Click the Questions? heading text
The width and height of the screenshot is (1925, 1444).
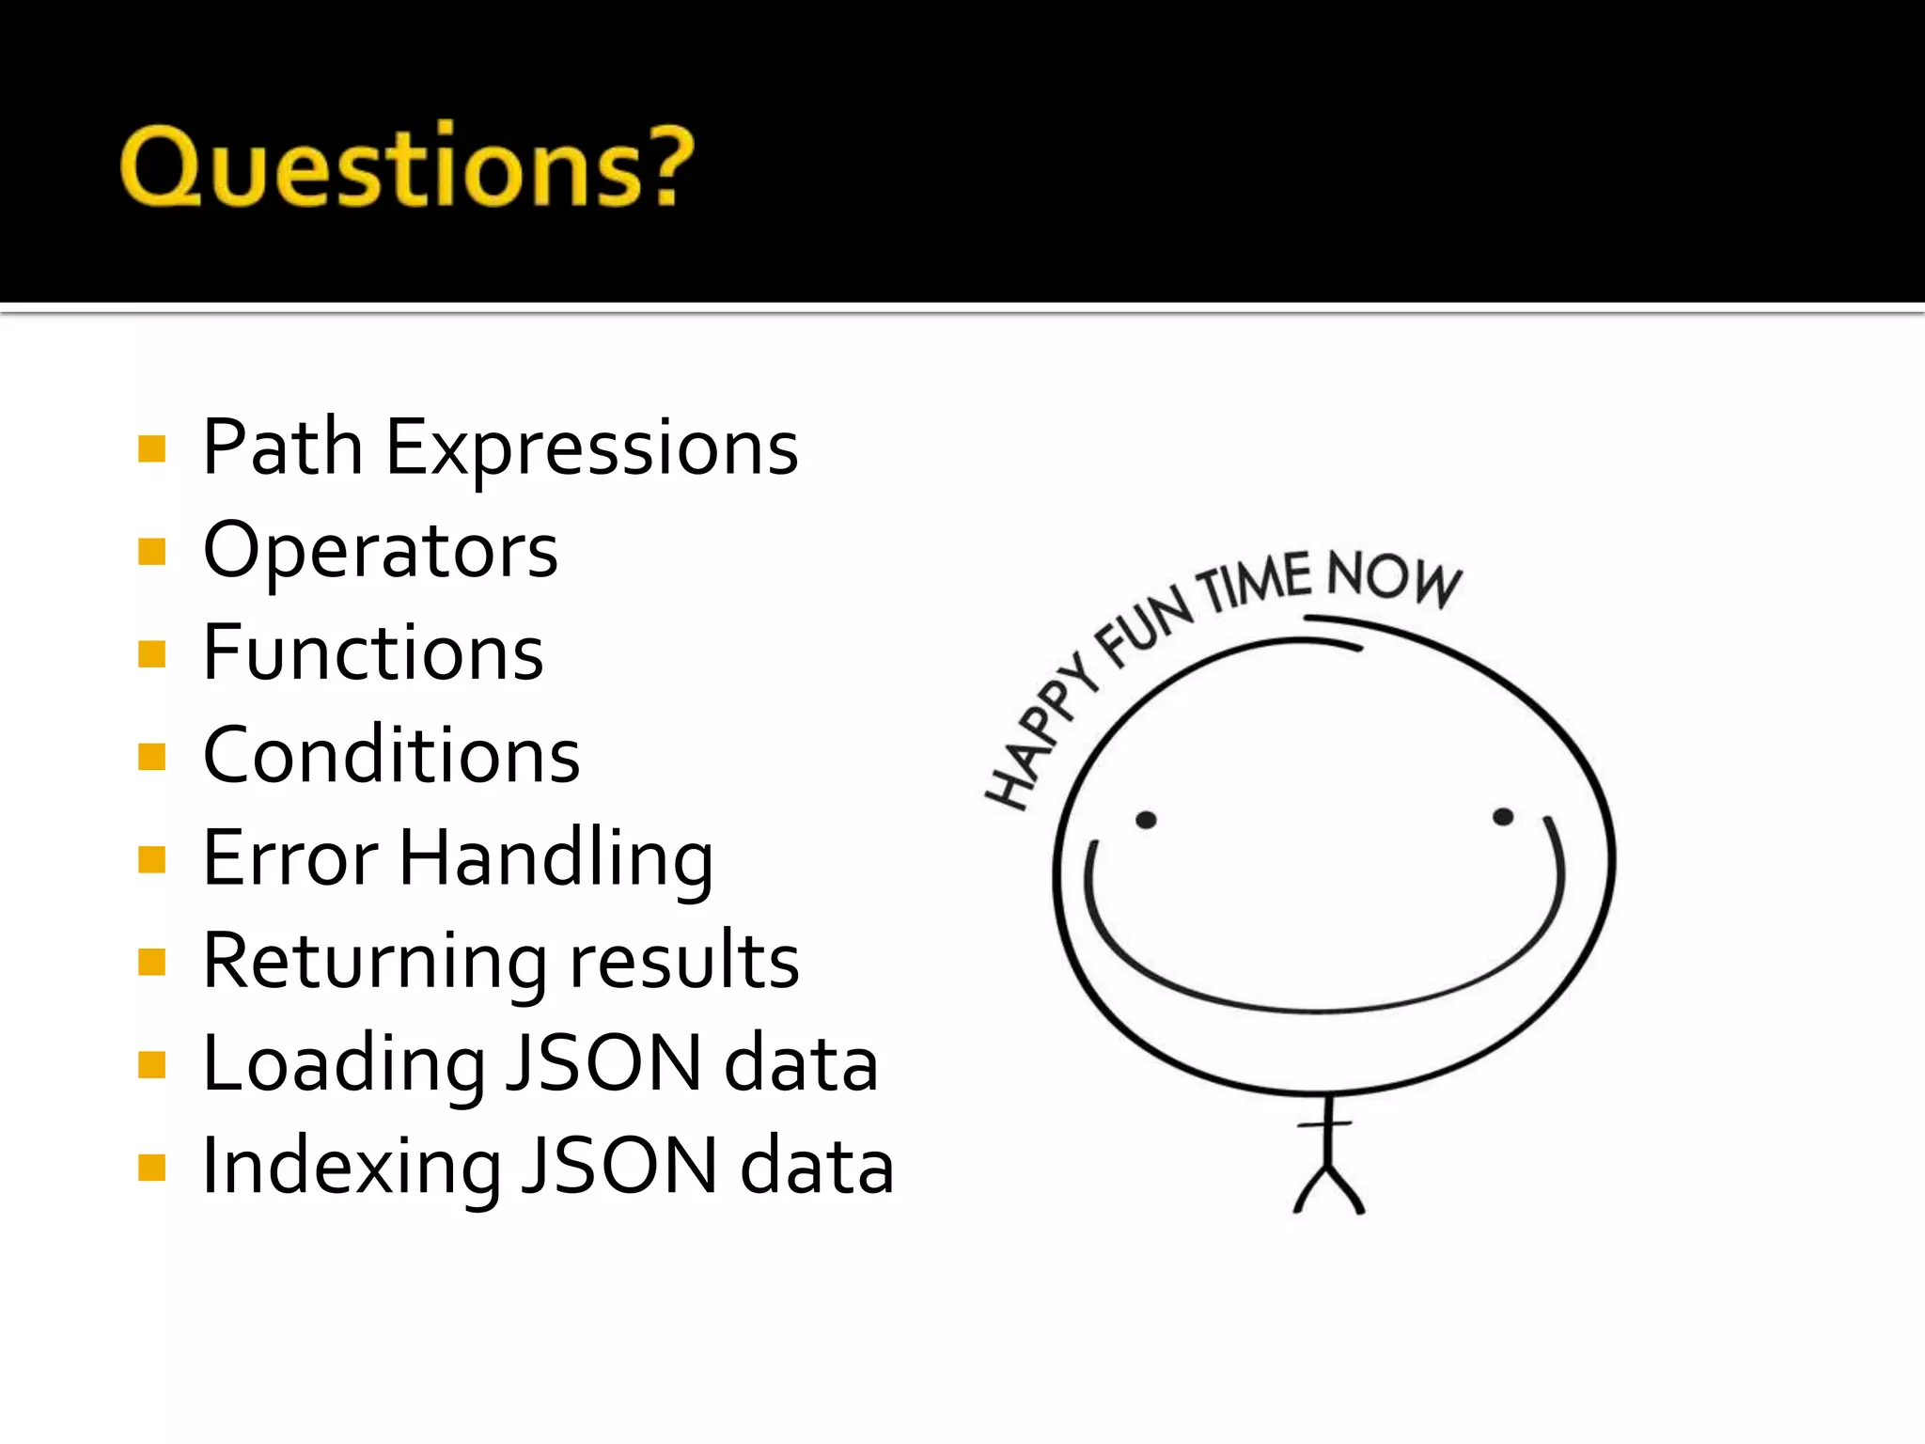click(x=406, y=167)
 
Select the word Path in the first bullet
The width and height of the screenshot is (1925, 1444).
click(x=283, y=447)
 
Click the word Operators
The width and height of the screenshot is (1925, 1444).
click(x=381, y=551)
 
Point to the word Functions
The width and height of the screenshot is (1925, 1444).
click(x=373, y=652)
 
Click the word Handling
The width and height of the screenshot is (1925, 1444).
click(x=556, y=859)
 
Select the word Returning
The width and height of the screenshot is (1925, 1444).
click(x=376, y=962)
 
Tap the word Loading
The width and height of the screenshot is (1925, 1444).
click(x=344, y=1064)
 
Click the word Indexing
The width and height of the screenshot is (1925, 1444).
click(x=352, y=1167)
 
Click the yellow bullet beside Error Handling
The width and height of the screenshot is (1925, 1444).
click(x=151, y=859)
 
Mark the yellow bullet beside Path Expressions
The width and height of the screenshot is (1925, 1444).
click(x=151, y=448)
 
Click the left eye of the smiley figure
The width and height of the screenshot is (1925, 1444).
click(x=1146, y=820)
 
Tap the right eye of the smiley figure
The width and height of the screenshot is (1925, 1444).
click(x=1503, y=816)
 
